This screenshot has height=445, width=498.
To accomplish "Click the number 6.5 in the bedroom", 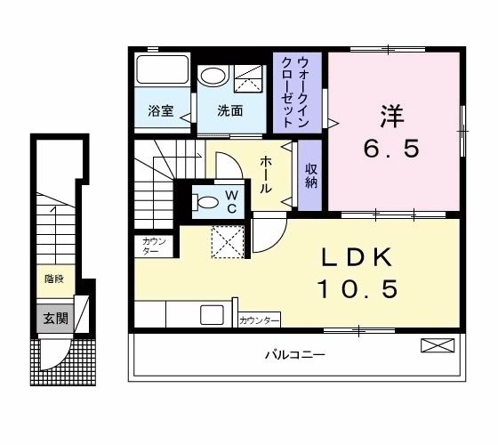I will pos(390,149).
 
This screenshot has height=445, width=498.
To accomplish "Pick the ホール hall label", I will pos(265,175).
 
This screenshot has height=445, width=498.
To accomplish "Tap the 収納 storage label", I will pos(310,175).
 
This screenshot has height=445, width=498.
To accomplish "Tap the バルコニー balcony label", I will pos(294,355).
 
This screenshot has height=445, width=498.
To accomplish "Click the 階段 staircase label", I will pos(53,279).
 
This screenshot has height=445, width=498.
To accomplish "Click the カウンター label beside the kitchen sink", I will pos(259,319).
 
